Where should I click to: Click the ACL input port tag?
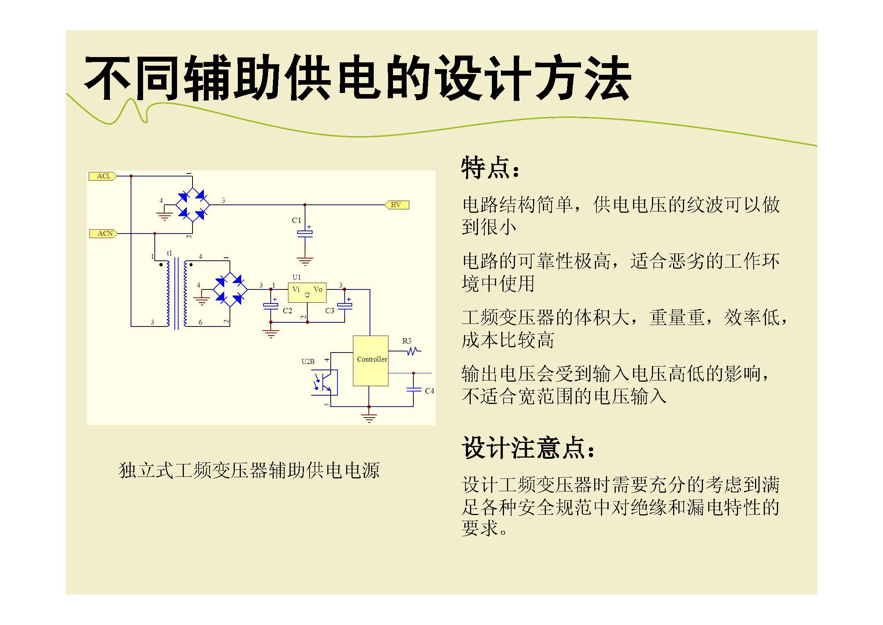(x=103, y=176)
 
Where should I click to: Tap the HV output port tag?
(x=397, y=205)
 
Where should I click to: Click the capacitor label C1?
(x=296, y=221)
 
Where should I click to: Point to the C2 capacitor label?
(x=287, y=311)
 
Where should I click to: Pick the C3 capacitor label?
(x=330, y=311)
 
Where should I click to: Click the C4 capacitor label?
(x=430, y=391)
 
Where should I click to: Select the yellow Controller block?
(x=371, y=360)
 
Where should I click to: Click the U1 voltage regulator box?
(x=307, y=292)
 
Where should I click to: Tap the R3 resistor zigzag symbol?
(x=412, y=351)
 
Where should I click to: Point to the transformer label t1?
(x=169, y=253)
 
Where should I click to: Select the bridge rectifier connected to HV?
(x=192, y=205)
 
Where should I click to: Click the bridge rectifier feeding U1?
(x=230, y=289)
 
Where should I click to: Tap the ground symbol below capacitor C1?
(x=305, y=262)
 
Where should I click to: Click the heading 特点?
(x=490, y=168)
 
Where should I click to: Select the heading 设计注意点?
(x=528, y=447)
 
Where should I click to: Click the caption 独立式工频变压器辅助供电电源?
(x=249, y=470)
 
